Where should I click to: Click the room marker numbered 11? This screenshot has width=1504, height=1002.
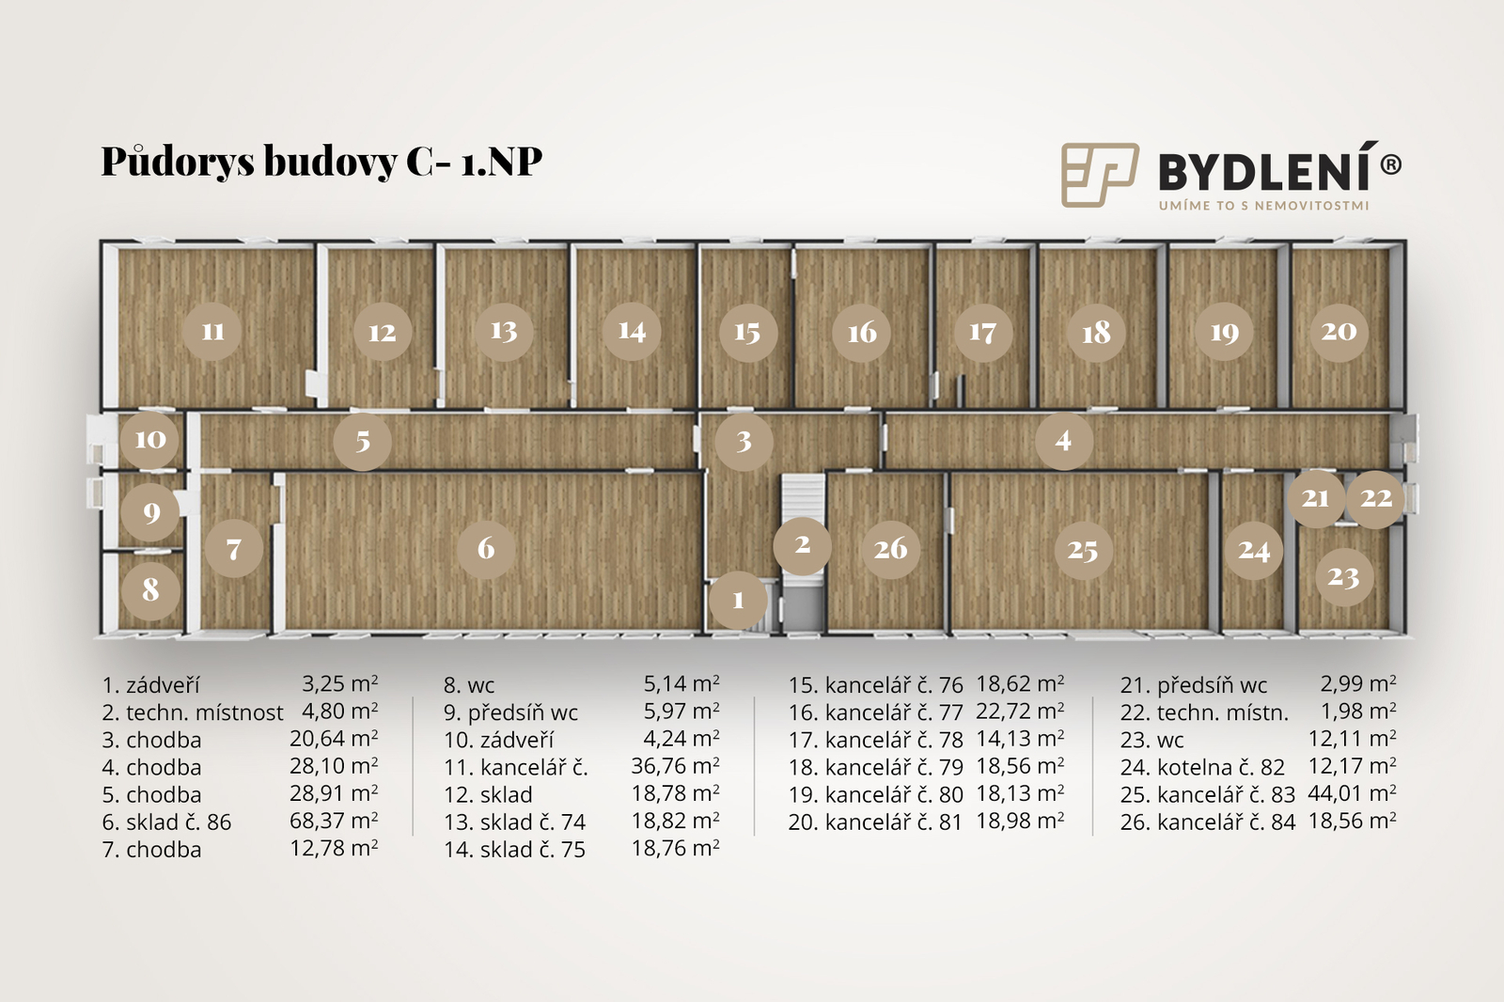pos(212,331)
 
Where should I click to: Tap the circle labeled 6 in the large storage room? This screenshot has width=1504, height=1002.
pos(486,549)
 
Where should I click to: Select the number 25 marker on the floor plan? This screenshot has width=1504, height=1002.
pos(1082,551)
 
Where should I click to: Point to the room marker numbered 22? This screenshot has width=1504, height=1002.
pos(1376,498)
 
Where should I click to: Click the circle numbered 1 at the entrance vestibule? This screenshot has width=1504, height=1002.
pos(738,600)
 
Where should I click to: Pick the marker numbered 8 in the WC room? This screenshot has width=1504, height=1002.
pos(150,590)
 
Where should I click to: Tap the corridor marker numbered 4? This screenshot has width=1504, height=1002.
pos(1063,441)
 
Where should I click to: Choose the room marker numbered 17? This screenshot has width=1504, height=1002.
pos(982,333)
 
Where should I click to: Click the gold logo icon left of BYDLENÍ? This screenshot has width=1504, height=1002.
pos(1100,175)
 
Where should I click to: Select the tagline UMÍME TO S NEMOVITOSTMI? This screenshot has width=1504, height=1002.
pos(1263,206)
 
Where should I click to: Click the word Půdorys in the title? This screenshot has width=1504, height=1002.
pos(178,162)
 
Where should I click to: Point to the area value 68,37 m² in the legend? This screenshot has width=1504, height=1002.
pos(334,821)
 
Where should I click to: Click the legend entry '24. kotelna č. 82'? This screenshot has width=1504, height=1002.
pos(1202,767)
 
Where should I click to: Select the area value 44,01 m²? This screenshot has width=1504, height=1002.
pos(1353,793)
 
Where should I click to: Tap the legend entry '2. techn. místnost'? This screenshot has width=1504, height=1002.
pos(193,712)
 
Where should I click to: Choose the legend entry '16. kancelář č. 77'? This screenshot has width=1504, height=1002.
pos(875,712)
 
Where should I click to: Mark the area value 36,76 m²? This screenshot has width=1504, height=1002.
pos(676,766)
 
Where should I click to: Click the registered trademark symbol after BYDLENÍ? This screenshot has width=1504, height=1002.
pos(1390,164)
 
